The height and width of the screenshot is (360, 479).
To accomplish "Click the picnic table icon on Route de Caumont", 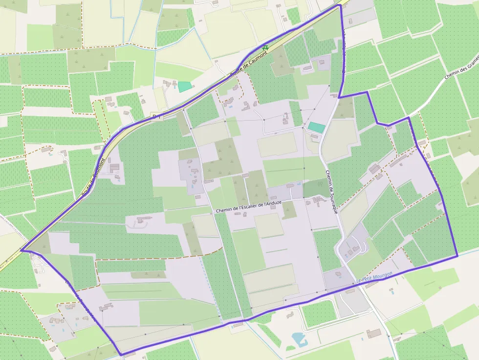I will (x=265, y=48).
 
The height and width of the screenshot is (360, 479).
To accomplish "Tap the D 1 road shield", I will (x=156, y=116).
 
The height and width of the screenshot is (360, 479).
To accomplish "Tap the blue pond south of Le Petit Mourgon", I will (x=298, y=338).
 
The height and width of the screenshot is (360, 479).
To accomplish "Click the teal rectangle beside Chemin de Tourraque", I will (x=316, y=127).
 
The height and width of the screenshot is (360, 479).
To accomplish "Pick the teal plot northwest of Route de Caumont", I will (x=184, y=86).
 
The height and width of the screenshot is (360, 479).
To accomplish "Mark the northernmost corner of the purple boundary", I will (x=339, y=5).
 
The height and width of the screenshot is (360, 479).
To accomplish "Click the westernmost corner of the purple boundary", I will (x=21, y=250).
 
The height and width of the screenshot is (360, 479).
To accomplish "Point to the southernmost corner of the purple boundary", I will (x=120, y=355).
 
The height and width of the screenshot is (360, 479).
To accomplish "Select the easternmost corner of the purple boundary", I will (x=457, y=255).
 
